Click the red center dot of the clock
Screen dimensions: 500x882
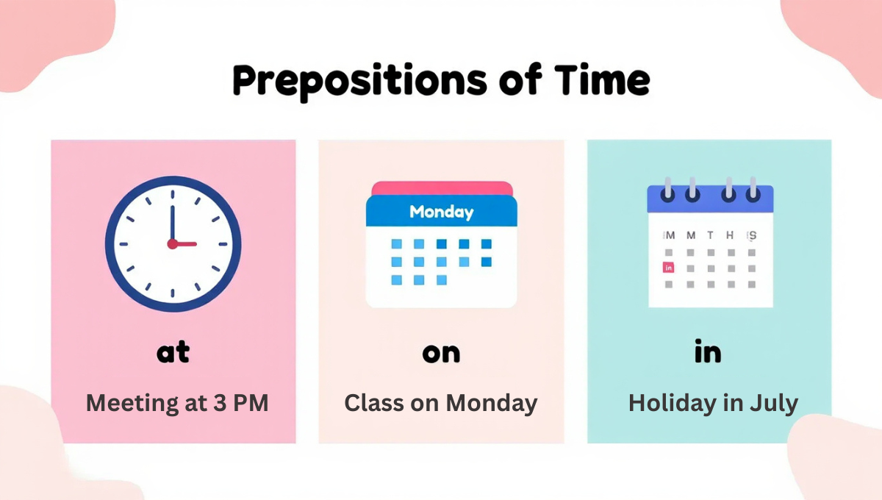173,243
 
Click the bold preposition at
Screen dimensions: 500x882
173,352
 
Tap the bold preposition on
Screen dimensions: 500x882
441,354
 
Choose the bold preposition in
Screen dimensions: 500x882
708,352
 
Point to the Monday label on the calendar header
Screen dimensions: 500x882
441,213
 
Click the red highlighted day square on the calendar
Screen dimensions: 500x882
668,268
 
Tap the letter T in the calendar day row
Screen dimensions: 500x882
710,235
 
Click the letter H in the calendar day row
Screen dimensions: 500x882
730,235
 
